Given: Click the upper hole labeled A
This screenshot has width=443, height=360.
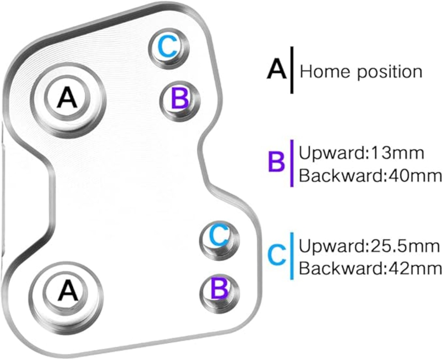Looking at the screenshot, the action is click(x=68, y=100).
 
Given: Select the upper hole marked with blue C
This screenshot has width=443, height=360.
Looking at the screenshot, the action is click(x=169, y=48).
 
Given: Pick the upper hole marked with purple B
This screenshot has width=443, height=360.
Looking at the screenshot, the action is click(x=180, y=101).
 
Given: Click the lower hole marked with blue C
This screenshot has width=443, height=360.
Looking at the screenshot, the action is click(x=219, y=240).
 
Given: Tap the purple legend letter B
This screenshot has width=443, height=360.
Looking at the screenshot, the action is click(x=277, y=161).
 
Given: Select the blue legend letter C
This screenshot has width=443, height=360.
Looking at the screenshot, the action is click(x=277, y=255).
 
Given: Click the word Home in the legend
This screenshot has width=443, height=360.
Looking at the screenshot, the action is click(x=325, y=71).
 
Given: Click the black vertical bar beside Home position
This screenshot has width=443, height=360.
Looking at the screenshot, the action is click(x=292, y=70).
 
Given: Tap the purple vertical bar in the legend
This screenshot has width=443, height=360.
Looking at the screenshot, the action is click(x=292, y=163).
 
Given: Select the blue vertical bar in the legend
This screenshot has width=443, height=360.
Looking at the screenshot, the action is click(x=292, y=256).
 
